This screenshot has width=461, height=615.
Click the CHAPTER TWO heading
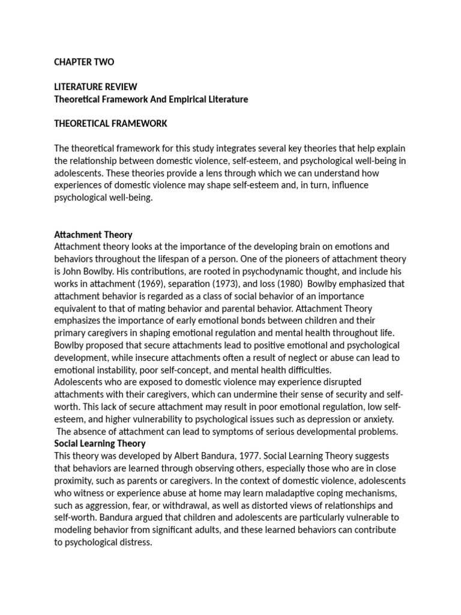[84, 62]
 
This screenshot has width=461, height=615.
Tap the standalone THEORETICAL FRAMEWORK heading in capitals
[110, 124]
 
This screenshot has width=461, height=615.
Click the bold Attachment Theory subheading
[93, 234]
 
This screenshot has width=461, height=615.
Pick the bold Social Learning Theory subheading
[100, 443]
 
